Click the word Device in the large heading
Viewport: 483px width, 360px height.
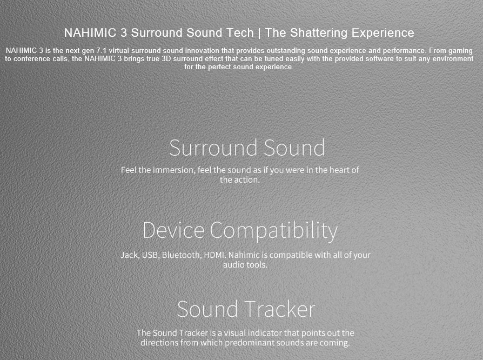173,230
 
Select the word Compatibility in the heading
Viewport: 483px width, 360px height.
273,231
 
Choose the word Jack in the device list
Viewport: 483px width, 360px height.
129,255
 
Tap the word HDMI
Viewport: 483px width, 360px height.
214,255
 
